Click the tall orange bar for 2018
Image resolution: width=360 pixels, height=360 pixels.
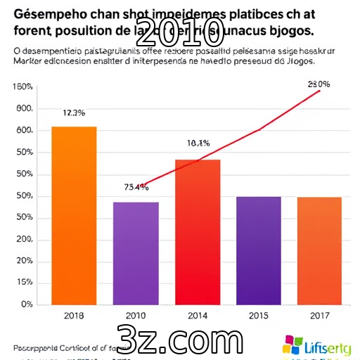coord(74,214)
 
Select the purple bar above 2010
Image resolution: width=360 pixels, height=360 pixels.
coord(136,252)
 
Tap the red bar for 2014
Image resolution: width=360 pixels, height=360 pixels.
coord(198,231)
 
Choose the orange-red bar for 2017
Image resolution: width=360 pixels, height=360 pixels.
coord(319,250)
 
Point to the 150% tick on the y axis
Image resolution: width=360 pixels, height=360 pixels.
coord(22,87)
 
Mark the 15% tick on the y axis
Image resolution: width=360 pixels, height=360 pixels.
coord(24,282)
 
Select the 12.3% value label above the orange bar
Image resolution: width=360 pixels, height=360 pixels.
coord(74,112)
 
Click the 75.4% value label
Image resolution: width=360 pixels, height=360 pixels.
coord(136,187)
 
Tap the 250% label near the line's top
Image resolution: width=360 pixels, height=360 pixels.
coord(319,84)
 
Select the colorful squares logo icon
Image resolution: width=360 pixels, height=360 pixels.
coord(292,345)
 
